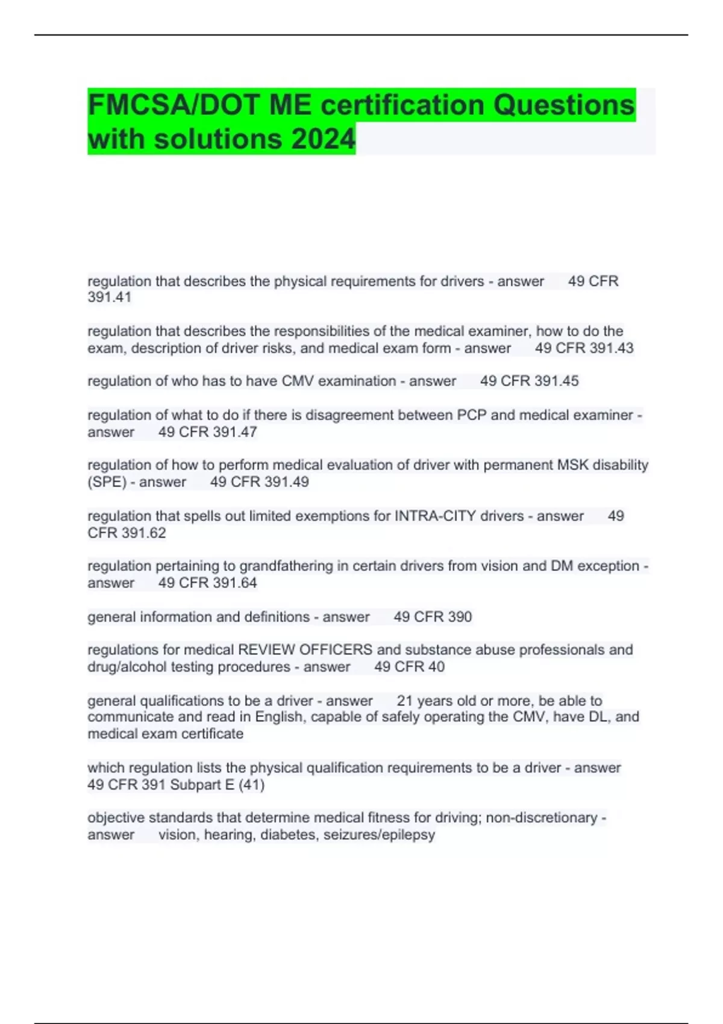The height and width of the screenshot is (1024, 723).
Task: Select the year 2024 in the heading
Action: click(x=324, y=140)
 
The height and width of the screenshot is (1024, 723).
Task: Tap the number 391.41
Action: click(x=109, y=297)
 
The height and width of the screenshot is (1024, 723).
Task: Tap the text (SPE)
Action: click(x=107, y=482)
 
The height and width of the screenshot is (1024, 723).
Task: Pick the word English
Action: click(x=280, y=717)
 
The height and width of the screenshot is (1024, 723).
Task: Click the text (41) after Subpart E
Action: click(x=252, y=785)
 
